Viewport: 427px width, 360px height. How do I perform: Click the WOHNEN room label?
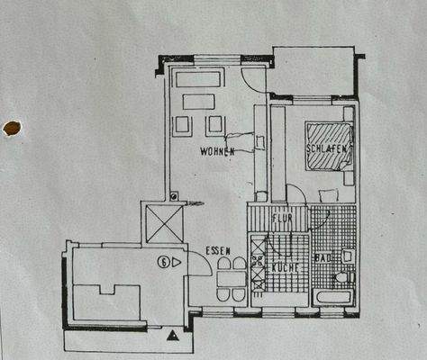(x=217, y=153)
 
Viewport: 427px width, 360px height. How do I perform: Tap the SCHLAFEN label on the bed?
(x=326, y=148)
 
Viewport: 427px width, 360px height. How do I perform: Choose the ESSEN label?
(x=219, y=251)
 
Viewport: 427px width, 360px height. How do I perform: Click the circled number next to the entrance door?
(x=163, y=263)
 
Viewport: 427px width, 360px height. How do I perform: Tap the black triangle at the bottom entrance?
(x=171, y=336)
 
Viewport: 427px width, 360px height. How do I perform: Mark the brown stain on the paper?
(x=12, y=129)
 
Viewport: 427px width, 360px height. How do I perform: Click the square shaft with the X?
(x=161, y=221)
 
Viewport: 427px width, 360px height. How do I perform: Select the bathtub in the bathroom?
(x=332, y=297)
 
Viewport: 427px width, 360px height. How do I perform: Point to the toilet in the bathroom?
(x=347, y=256)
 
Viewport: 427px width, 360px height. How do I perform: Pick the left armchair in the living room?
(x=185, y=123)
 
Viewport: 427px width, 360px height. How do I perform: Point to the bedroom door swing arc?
(x=295, y=192)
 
